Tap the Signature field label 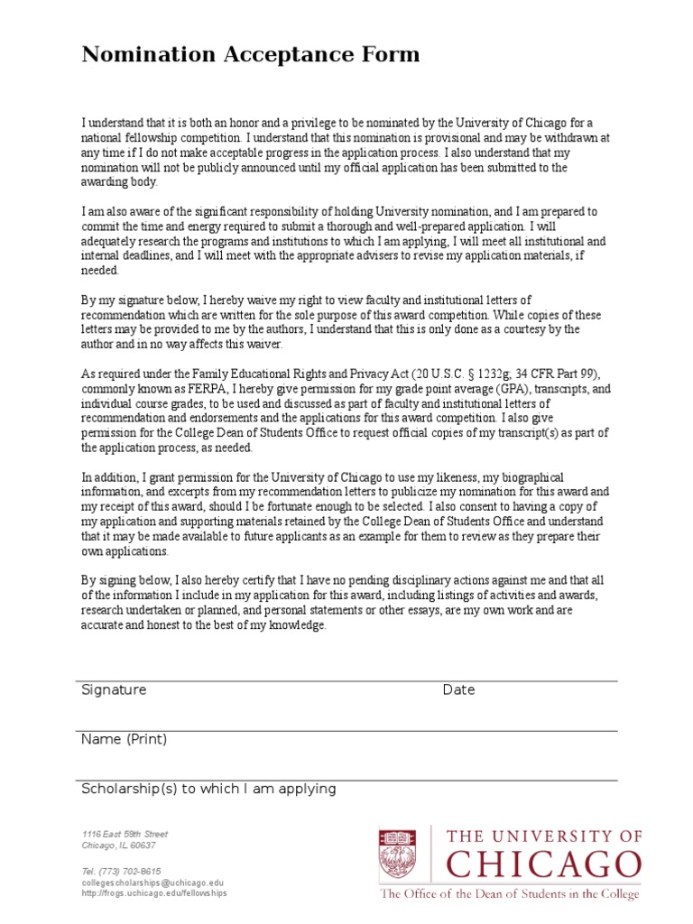114,690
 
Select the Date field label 458,690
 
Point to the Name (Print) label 124,740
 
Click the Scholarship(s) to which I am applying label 208,790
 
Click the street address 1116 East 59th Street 125,835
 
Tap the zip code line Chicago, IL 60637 118,846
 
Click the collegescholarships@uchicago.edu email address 152,882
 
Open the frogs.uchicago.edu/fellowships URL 154,893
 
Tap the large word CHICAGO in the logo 543,865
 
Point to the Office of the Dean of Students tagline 509,894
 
